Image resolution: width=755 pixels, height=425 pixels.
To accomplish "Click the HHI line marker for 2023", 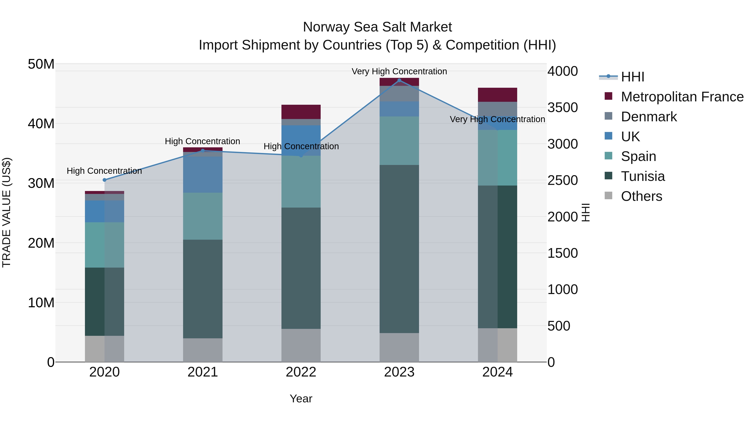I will click(399, 80).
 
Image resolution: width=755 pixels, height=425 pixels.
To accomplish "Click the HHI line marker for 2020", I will click(104, 180).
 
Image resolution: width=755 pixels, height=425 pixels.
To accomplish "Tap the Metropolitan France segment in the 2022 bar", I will click(301, 112).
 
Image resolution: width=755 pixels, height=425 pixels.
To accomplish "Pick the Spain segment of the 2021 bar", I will click(203, 216).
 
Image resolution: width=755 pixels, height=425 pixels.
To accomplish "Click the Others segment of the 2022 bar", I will click(301, 345).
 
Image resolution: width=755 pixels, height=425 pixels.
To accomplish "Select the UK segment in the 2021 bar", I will click(203, 175).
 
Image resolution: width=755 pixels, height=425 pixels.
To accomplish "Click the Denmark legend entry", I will click(649, 117).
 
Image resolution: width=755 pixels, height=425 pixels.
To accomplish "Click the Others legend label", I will click(641, 196).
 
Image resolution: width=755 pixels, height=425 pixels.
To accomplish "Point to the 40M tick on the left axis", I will click(41, 123).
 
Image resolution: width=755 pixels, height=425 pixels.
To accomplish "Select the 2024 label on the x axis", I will click(497, 372).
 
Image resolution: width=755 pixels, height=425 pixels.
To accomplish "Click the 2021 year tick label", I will click(203, 372).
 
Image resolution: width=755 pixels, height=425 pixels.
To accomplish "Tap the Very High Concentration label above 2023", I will click(399, 71).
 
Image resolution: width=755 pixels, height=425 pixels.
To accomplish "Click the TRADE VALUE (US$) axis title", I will click(7, 212).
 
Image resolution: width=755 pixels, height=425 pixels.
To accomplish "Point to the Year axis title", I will click(301, 399).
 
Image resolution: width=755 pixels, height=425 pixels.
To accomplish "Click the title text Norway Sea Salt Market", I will click(377, 27).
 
